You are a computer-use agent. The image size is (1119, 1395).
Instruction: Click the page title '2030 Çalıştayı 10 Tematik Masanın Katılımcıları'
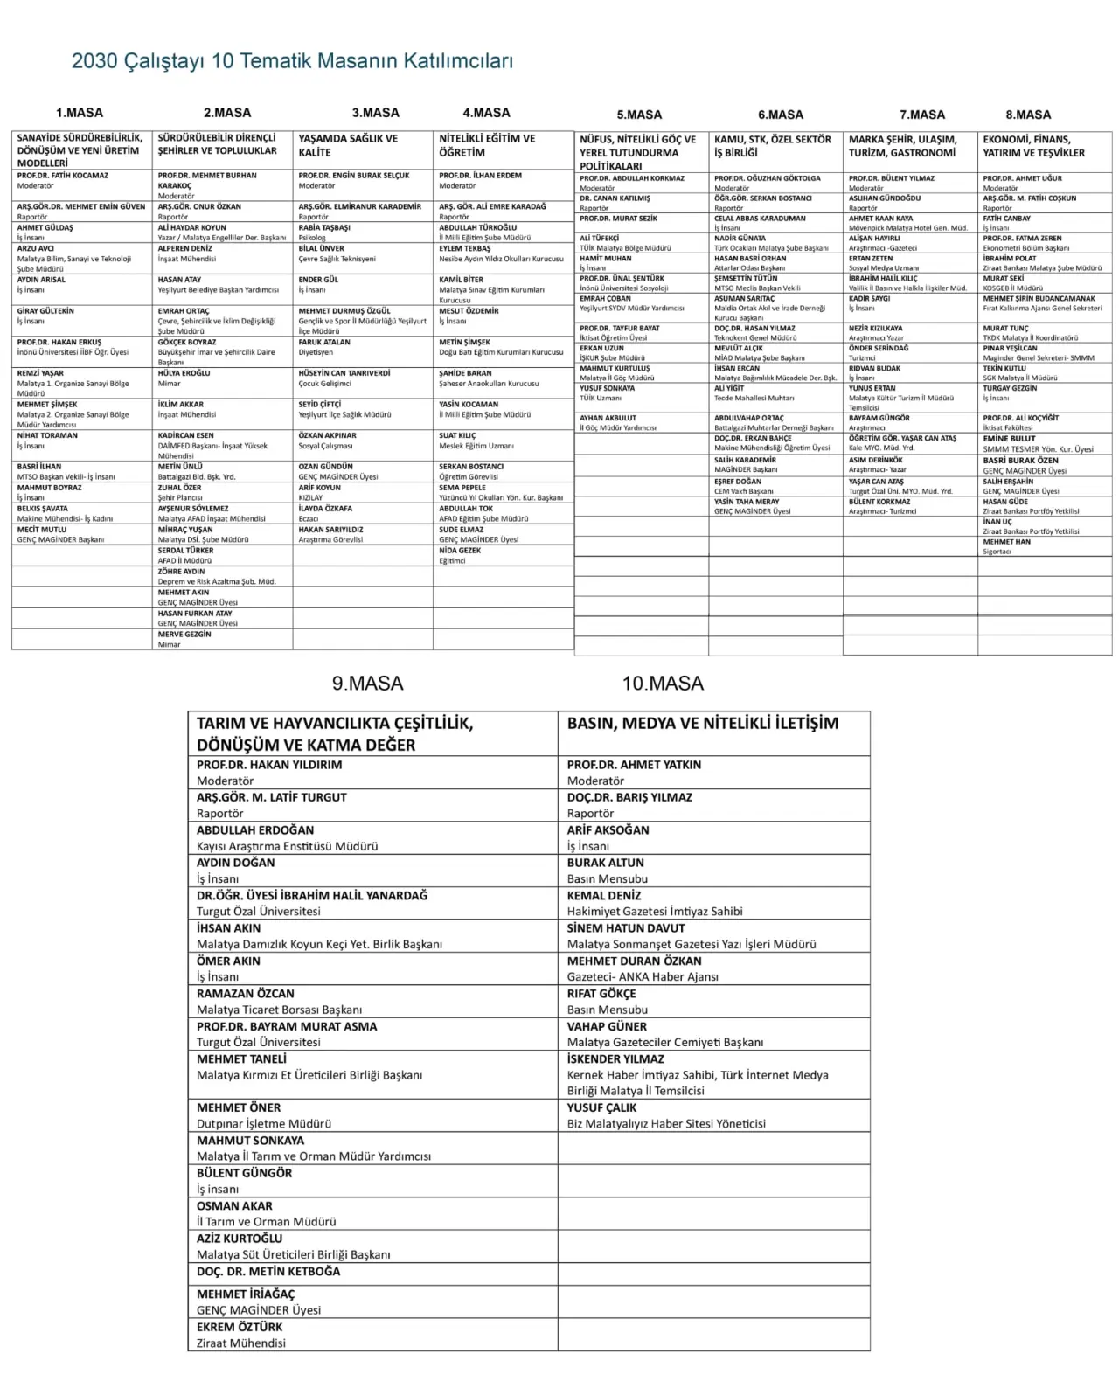click(292, 61)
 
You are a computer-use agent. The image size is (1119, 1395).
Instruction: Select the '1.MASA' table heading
click(80, 113)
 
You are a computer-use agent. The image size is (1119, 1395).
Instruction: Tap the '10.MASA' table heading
click(663, 684)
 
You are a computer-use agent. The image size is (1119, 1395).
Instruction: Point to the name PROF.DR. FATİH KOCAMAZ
click(63, 176)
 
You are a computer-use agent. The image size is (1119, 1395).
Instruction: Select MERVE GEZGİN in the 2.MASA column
click(184, 635)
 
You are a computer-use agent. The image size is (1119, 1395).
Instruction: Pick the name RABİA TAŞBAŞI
click(324, 227)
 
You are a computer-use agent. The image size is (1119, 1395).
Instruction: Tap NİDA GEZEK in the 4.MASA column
click(460, 551)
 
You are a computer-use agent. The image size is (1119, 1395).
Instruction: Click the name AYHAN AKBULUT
click(608, 418)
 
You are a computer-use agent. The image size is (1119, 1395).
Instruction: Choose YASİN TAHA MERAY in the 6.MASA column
click(747, 502)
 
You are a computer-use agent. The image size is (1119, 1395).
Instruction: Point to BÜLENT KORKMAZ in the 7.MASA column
click(879, 502)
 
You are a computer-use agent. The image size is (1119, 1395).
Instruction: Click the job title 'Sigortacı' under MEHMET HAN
click(997, 552)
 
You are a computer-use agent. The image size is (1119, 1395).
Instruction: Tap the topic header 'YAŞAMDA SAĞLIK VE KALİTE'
click(348, 145)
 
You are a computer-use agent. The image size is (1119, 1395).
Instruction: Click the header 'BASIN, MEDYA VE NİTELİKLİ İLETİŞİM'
click(703, 724)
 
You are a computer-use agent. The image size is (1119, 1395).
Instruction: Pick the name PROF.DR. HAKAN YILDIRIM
click(269, 765)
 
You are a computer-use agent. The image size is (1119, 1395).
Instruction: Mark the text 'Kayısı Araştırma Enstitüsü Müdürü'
click(287, 846)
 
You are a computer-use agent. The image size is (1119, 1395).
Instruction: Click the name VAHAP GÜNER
click(607, 1026)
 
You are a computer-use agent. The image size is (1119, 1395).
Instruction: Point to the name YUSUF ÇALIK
click(602, 1107)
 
